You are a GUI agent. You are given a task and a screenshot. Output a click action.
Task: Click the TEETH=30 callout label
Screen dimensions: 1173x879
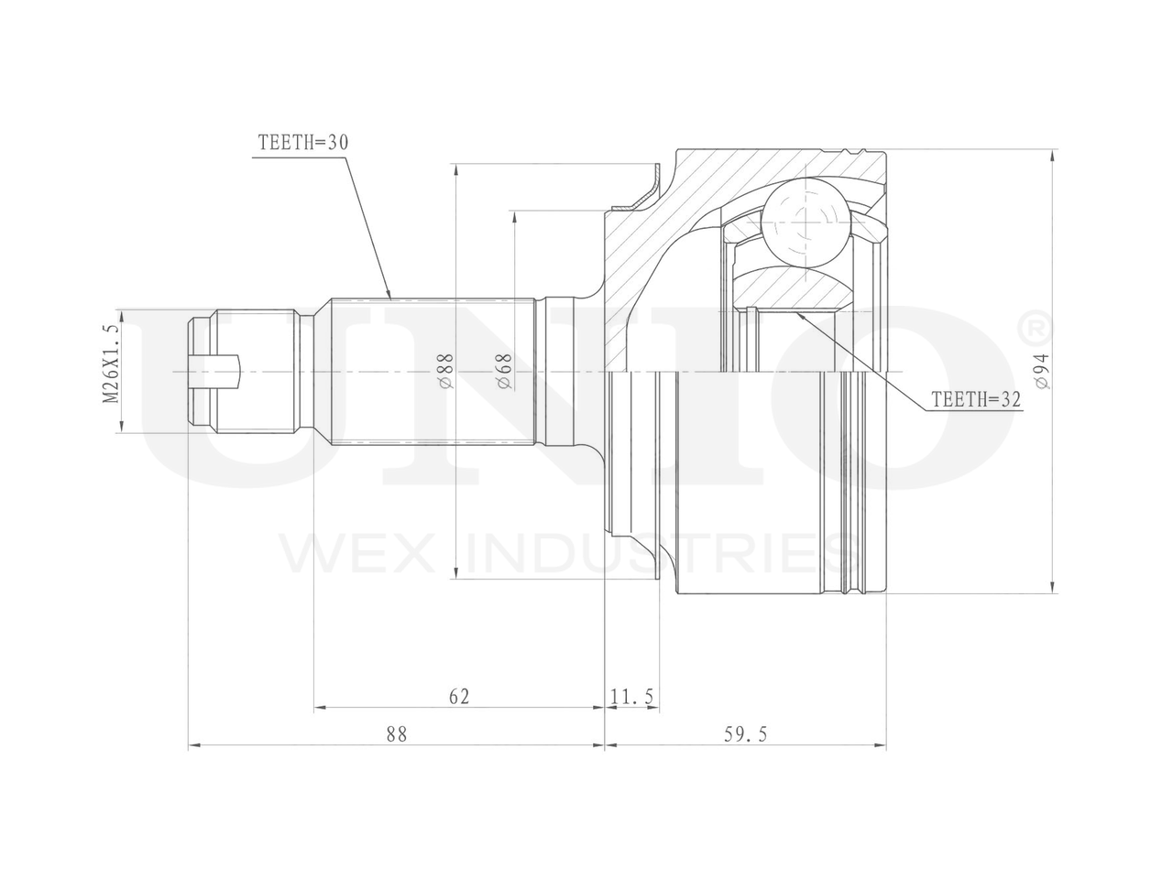pos(303,143)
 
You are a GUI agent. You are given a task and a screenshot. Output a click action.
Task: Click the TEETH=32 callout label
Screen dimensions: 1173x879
pos(976,399)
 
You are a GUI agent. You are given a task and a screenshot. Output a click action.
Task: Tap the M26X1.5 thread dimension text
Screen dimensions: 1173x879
pos(112,371)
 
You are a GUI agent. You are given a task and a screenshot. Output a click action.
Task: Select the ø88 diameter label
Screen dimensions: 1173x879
pos(447,371)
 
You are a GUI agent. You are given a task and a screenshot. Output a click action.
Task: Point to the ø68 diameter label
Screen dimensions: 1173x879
pos(505,371)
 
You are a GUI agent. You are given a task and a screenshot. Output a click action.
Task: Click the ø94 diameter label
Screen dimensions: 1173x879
pos(1043,372)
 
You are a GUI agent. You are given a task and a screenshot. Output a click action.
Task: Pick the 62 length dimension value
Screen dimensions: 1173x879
pos(459,697)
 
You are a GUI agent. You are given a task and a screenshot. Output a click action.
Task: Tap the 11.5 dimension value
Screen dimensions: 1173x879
pos(632,697)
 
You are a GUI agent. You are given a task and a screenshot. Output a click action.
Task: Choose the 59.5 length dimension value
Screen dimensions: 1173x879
pos(745,735)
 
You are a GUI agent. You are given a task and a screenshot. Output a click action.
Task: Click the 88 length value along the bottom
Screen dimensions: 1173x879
pos(397,735)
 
